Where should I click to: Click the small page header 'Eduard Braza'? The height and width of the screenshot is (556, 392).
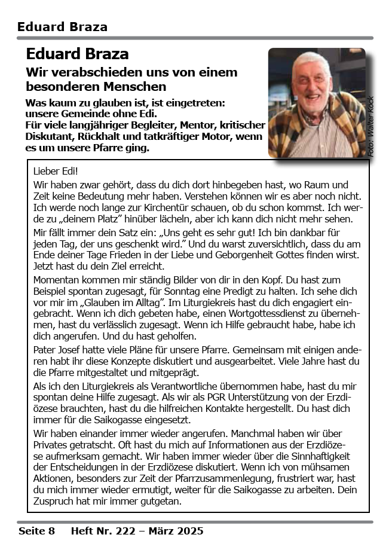pyautogui.click(x=62, y=27)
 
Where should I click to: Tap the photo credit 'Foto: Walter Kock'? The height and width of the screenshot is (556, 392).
pyautogui.click(x=370, y=127)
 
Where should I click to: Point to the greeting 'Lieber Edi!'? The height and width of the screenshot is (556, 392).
pyautogui.click(x=56, y=171)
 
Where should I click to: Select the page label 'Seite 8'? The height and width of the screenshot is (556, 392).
pyautogui.click(x=36, y=531)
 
